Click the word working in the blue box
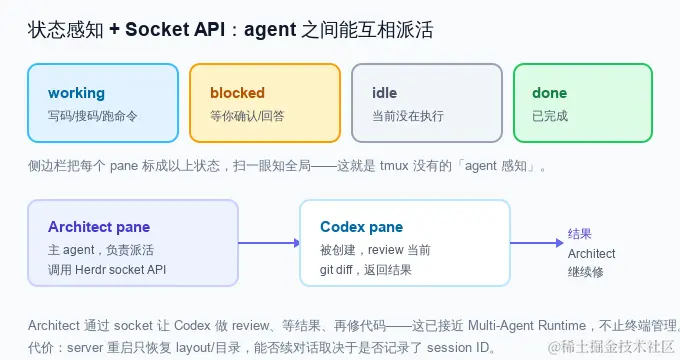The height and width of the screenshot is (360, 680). (76, 93)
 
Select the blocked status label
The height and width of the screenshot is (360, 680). (237, 93)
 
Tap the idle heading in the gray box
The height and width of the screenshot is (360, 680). (384, 93)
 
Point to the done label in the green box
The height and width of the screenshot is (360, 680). (549, 93)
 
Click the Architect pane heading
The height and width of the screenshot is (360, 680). (99, 227)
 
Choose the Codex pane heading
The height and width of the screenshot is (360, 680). (362, 227)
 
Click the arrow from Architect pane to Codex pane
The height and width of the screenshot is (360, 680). (269, 243)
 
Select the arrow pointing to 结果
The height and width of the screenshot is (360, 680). (536, 243)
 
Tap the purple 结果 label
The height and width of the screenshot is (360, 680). (579, 234)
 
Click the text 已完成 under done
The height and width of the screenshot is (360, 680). (550, 116)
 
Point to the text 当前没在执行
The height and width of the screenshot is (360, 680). (408, 116)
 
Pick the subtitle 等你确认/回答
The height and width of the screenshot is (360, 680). (247, 116)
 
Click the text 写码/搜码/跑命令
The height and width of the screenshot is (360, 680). (92, 116)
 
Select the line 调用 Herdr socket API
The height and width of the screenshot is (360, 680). (107, 270)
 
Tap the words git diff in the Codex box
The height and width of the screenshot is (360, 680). (336, 270)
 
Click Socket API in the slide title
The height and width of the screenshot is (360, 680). (175, 29)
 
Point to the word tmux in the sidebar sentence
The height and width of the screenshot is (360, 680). (394, 166)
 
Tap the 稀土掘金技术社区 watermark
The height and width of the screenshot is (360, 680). (610, 347)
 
